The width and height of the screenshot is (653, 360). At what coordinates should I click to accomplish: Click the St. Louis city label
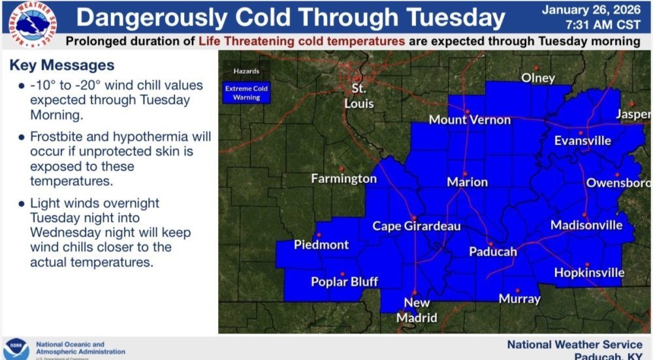point(359,96)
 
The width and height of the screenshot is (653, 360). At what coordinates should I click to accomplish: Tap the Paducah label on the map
point(493,252)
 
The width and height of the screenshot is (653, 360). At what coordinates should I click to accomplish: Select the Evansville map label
point(582,140)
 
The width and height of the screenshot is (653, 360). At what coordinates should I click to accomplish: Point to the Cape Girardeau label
point(417,226)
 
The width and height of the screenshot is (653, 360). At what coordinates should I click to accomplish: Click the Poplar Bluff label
point(344,282)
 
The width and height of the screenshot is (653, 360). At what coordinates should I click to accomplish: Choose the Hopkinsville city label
point(589,273)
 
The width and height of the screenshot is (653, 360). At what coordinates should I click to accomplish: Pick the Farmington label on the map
point(343,178)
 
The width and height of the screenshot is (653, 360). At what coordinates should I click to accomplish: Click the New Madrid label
point(417,310)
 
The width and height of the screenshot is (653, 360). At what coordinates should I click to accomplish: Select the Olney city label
point(538,78)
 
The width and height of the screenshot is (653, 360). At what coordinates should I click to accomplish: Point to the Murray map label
point(519,299)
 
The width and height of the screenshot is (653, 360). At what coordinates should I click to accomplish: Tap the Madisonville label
point(586,225)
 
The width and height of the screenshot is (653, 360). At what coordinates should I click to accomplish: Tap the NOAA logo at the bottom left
point(16,348)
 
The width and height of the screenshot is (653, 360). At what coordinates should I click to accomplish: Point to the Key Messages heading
point(62,66)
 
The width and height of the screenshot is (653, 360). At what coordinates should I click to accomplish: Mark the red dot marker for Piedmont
point(319,235)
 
